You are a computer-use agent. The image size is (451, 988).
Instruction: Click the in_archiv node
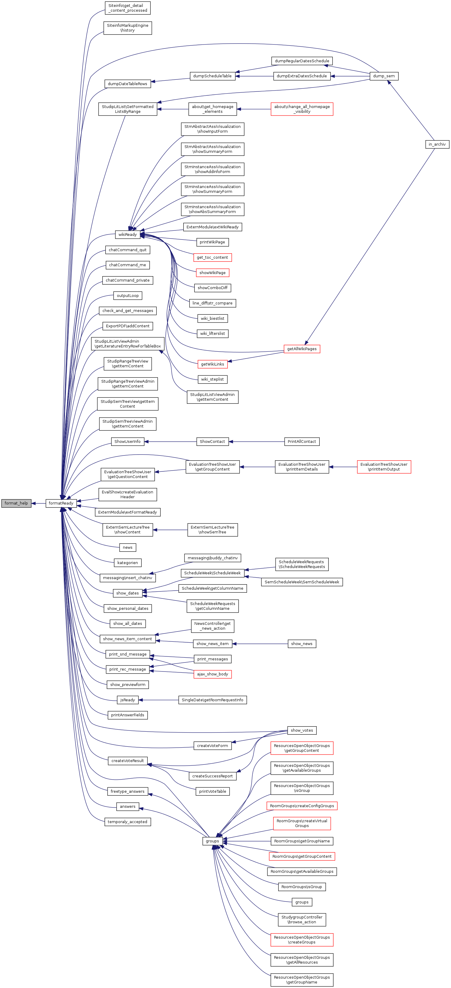(437, 144)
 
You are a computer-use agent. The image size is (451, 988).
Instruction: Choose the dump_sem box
(384, 76)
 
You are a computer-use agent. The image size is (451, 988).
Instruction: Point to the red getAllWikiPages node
(302, 349)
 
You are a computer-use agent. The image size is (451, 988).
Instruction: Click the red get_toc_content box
(212, 257)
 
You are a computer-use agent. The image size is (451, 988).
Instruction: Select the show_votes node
(302, 730)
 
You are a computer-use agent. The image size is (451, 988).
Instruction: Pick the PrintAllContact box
(302, 441)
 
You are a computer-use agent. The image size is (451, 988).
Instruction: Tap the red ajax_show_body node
(212, 674)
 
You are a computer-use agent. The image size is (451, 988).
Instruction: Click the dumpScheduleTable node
(212, 76)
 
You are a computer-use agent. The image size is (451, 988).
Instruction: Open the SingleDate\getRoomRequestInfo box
(212, 700)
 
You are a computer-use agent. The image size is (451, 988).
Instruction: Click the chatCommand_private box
(128, 280)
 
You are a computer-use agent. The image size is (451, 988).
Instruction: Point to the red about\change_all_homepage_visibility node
(302, 109)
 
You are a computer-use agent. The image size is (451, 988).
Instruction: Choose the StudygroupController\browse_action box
(302, 919)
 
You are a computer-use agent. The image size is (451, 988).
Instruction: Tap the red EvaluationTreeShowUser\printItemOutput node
(384, 467)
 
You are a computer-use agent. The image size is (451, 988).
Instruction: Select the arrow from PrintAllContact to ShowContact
(257, 441)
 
